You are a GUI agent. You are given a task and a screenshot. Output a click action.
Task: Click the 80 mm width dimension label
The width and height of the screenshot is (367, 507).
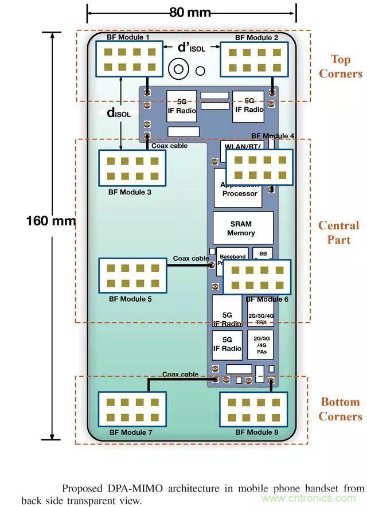point(190,12)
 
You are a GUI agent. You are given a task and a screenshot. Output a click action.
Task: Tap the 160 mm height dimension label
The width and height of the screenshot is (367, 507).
point(50,220)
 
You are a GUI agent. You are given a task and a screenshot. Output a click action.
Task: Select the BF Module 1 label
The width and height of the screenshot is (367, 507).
point(128,37)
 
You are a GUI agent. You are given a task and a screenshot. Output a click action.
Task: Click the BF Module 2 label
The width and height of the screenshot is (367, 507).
point(256,37)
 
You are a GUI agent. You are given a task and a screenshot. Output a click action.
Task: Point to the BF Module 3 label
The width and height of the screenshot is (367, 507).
point(130,192)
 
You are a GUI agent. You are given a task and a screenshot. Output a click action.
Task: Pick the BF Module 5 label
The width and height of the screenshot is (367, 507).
point(130,299)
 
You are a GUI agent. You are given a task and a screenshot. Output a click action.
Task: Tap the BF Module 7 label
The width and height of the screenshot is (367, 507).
point(130,432)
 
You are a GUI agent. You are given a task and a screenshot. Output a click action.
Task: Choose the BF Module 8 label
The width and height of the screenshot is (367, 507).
point(256,432)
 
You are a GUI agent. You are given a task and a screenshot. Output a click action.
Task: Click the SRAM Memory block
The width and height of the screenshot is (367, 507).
point(241,228)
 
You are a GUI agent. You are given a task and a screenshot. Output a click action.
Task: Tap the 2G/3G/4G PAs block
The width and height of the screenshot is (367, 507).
point(260,344)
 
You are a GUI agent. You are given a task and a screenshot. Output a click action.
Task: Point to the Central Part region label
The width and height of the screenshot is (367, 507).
point(338,232)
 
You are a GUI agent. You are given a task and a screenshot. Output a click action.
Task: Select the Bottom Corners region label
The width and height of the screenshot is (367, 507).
point(340,409)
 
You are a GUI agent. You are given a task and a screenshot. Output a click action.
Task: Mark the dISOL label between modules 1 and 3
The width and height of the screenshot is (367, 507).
point(119,113)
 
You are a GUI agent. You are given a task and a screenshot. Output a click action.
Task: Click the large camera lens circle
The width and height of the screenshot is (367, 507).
point(179,70)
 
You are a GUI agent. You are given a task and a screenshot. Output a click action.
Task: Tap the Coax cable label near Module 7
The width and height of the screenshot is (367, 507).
point(180,375)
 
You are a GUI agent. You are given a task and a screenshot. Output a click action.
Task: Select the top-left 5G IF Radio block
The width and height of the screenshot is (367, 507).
point(181,106)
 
